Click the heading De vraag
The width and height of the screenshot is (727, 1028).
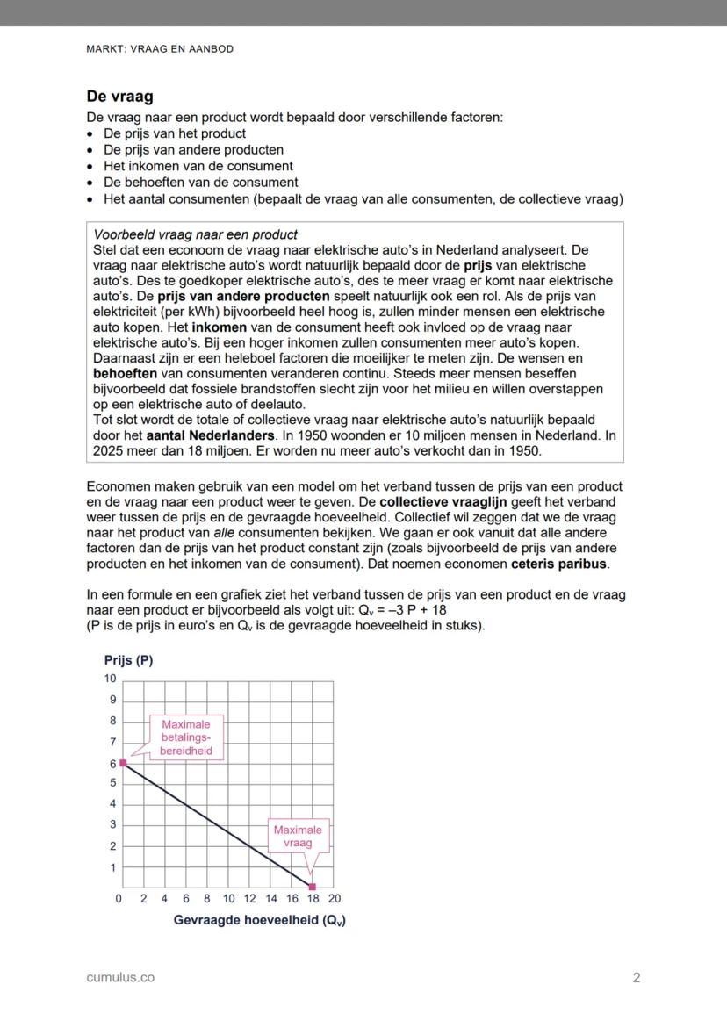point(119,97)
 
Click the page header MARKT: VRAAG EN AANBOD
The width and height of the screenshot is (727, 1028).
point(160,49)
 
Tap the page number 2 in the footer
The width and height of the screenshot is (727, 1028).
point(637,977)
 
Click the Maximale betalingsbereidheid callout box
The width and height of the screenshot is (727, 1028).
point(186,737)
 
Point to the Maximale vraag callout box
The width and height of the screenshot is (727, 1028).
point(298,836)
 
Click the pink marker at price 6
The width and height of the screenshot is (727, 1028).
point(124,763)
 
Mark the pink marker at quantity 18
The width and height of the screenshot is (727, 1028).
point(313,887)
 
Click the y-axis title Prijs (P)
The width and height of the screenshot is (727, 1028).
point(128,660)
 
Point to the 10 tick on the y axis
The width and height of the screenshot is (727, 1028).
point(110,679)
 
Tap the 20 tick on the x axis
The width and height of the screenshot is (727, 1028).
point(334,899)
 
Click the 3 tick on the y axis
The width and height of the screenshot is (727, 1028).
point(112,825)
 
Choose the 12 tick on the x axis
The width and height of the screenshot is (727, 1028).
point(249,899)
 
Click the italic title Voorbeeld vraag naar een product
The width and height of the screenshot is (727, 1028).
point(195,234)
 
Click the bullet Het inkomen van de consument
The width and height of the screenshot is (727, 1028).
point(198,166)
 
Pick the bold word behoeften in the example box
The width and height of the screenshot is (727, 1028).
point(126,373)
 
